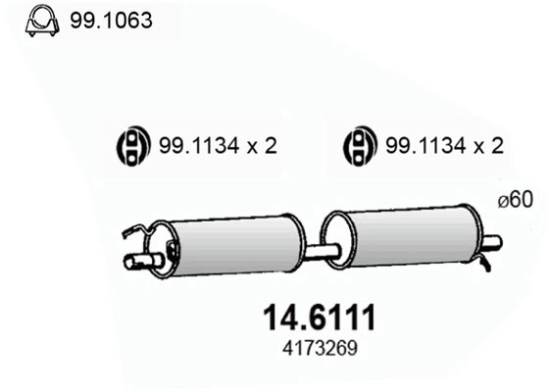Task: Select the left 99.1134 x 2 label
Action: [217, 147]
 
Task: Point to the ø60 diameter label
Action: [514, 200]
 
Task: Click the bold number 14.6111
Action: [320, 318]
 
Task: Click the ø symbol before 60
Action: [501, 200]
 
